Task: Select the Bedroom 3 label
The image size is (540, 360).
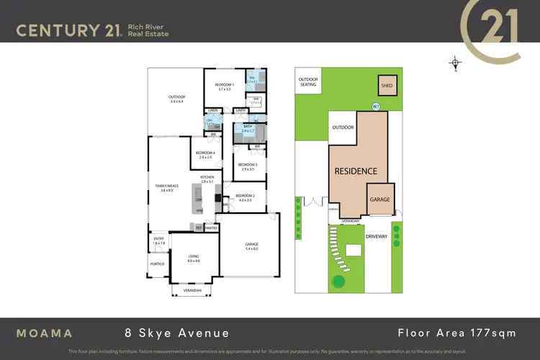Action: pos(247,165)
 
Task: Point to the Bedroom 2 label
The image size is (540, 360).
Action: pos(245,196)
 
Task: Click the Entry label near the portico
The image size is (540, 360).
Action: pos(159,240)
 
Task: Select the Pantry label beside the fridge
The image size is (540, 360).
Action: pos(211,228)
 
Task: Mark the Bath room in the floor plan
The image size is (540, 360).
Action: pos(247,127)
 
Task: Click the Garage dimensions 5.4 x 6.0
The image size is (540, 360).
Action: pos(251,249)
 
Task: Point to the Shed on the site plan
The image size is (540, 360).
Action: pos(387,85)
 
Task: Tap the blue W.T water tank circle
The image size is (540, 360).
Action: pos(376,107)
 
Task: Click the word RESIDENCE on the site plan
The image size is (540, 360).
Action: pos(355,171)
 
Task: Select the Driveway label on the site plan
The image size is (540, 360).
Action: pos(377,235)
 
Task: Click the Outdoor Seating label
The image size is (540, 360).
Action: pos(309,82)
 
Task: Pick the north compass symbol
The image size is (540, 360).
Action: pos(456,63)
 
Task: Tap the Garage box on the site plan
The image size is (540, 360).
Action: pos(379,199)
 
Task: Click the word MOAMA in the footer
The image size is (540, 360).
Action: pos(45,333)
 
